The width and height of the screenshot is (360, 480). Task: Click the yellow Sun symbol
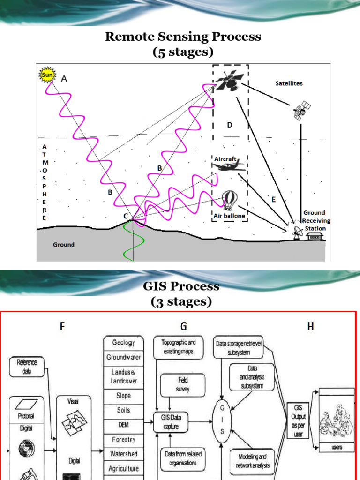coord(48,75)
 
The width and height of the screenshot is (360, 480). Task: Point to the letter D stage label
coord(230,125)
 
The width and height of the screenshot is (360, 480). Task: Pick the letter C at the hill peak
coord(126,216)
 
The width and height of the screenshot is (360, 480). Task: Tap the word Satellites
coord(289,83)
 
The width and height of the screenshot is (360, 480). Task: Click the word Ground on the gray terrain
coord(63,245)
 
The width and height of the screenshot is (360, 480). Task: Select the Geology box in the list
coord(123,343)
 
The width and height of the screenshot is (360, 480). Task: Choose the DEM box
coord(123,425)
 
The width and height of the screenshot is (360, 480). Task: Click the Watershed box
coord(123,454)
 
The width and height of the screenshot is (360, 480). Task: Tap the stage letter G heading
coord(183,326)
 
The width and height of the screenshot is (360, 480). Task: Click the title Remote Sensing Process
coord(183,37)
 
